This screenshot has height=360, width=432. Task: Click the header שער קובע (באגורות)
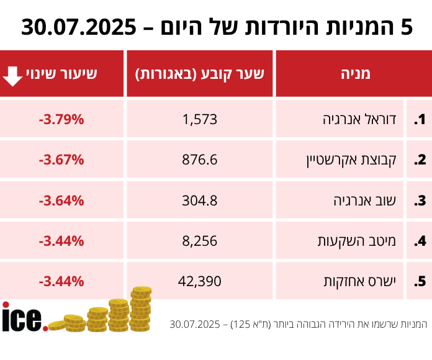coord(200,74)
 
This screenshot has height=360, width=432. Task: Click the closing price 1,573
coord(200,119)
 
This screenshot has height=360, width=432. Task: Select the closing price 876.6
coord(200,160)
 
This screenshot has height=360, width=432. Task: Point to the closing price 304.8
coord(200,200)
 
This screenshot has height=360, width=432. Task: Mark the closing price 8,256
coord(200,241)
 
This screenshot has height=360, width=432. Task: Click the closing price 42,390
coord(200,281)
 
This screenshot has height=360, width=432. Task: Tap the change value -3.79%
coord(61,119)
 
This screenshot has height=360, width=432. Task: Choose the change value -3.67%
coord(61,160)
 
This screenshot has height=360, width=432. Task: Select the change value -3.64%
coord(61,200)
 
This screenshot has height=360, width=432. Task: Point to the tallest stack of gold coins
coord(142,307)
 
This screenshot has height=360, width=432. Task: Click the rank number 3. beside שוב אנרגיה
coord(420,200)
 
